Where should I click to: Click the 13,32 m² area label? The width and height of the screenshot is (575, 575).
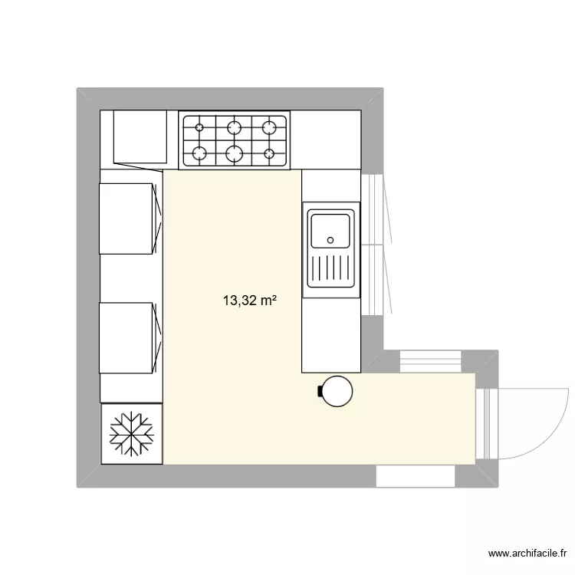(x=249, y=301)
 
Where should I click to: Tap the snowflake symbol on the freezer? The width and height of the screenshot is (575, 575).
(x=132, y=434)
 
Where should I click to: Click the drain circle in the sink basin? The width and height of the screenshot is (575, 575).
(x=330, y=240)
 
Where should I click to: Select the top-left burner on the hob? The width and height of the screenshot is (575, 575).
(x=199, y=127)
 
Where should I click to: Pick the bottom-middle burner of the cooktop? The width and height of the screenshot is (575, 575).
(x=235, y=153)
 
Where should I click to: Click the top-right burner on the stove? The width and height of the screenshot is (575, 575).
(x=269, y=127)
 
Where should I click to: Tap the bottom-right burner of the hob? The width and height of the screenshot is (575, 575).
(x=269, y=153)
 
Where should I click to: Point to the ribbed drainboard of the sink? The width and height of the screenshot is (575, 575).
(x=331, y=268)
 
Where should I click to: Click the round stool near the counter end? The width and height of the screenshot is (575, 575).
(x=337, y=391)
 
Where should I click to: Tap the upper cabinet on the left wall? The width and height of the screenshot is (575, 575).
(x=126, y=219)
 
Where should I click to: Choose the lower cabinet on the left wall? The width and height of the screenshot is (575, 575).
(x=126, y=338)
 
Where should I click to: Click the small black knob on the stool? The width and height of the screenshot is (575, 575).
(x=320, y=391)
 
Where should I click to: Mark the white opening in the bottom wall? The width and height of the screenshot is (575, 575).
(x=416, y=476)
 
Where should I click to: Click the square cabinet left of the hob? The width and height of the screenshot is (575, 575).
(x=140, y=136)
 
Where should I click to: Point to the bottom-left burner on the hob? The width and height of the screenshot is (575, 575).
(x=199, y=153)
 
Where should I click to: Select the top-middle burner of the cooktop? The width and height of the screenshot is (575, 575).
(x=235, y=127)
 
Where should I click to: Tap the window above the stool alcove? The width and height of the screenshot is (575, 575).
(x=430, y=362)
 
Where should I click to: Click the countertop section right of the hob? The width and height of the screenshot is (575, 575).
(x=326, y=140)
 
